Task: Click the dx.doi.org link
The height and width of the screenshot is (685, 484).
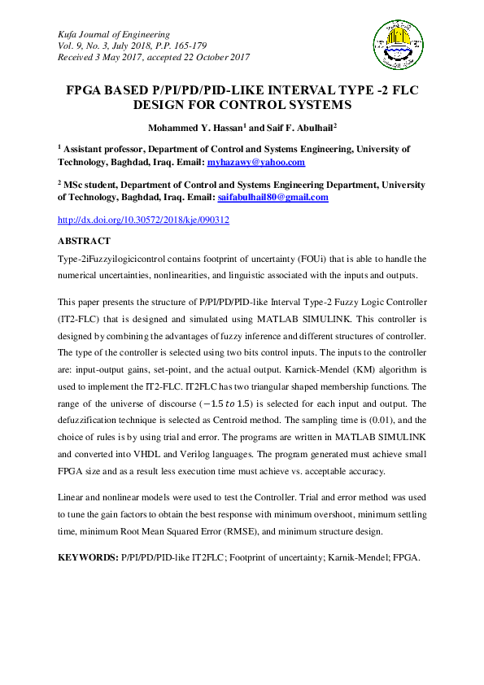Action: (143, 220)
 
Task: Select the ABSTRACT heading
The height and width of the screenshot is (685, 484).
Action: (85, 242)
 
